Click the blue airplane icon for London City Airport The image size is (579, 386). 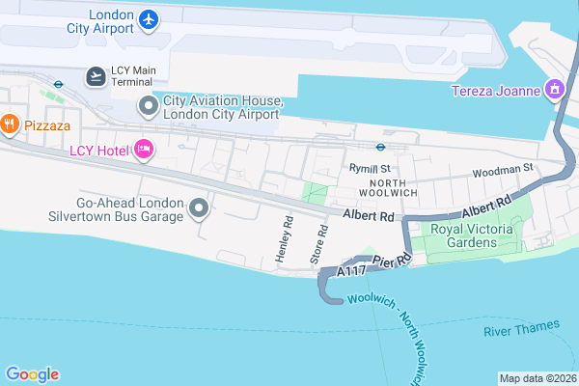[148, 18]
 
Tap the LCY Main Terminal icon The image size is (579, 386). [96, 76]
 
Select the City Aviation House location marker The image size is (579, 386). [149, 104]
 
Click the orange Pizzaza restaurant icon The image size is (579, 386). [10, 123]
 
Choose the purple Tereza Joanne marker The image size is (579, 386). [554, 92]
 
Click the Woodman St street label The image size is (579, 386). [502, 170]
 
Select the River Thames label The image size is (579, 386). [520, 331]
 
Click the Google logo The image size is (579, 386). [32, 374]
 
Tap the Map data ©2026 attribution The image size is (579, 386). [538, 377]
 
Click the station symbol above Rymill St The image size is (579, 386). [381, 148]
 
